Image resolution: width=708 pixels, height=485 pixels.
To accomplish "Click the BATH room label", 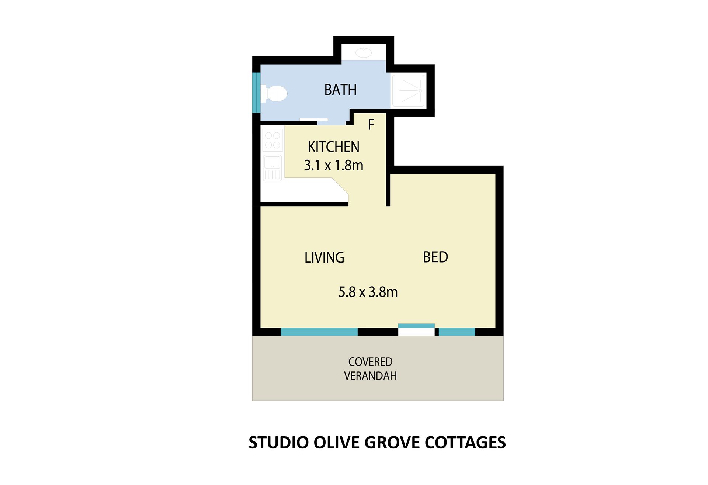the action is tap(340, 90).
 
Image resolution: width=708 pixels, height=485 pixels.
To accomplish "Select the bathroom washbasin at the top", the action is tap(364, 53).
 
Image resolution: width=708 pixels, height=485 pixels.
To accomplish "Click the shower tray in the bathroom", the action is tap(408, 90).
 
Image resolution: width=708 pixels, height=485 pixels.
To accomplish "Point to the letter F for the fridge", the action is tap(371, 125).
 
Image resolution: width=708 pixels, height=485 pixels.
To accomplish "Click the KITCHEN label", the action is tap(333, 147).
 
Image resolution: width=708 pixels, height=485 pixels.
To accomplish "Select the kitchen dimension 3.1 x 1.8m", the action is tap(333, 165).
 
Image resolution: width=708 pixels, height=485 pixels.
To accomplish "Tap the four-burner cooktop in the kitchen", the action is tap(273, 140).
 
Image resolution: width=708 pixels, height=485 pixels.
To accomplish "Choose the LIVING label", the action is tap(324, 257).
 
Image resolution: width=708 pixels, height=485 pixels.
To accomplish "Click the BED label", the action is tap(435, 257).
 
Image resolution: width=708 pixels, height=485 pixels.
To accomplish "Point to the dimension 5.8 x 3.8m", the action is tap(368, 292).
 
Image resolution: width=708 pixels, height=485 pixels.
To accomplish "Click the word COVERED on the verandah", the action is tap(370, 362).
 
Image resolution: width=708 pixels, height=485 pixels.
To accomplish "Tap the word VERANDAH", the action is tap(370, 376).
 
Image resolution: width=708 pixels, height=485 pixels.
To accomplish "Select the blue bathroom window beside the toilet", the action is tap(256, 93).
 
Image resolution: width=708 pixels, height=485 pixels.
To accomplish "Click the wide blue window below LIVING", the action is tap(319, 332).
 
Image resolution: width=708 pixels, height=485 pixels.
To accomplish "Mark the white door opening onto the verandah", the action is tap(416, 332).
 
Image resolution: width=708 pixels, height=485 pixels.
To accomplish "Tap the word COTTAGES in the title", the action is tap(465, 443).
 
